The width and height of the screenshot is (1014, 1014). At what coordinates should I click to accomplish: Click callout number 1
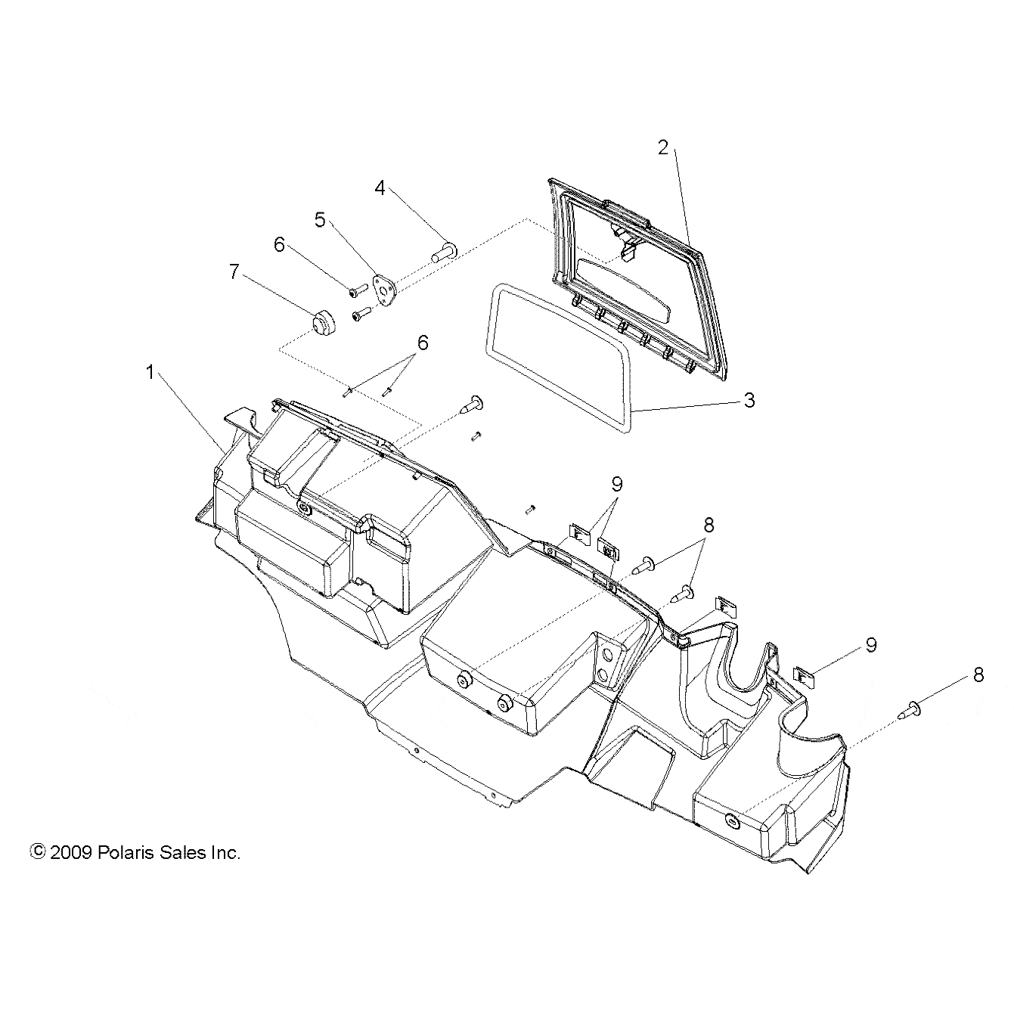point(150,372)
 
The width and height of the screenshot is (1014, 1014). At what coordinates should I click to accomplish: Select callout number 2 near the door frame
point(663,147)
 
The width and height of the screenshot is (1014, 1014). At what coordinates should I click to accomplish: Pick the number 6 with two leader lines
point(423,343)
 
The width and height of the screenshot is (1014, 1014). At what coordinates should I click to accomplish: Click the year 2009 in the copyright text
point(72,853)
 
